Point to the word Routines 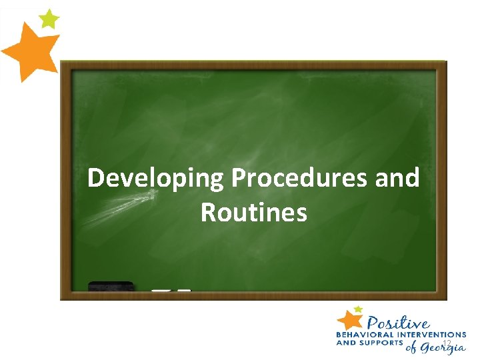point(253,213)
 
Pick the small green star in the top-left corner point(49,19)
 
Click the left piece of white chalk point(161,291)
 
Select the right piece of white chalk point(185,291)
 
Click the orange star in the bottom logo point(349,320)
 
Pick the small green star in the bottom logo point(359,309)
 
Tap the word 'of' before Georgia point(413,347)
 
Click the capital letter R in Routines point(208,213)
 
